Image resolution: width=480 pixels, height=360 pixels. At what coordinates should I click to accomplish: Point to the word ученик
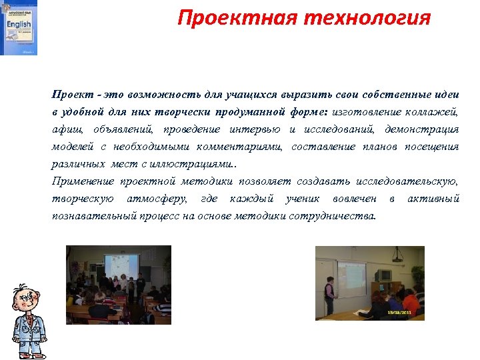[302, 199]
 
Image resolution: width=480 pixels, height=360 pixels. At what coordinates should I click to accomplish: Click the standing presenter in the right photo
[329, 291]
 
